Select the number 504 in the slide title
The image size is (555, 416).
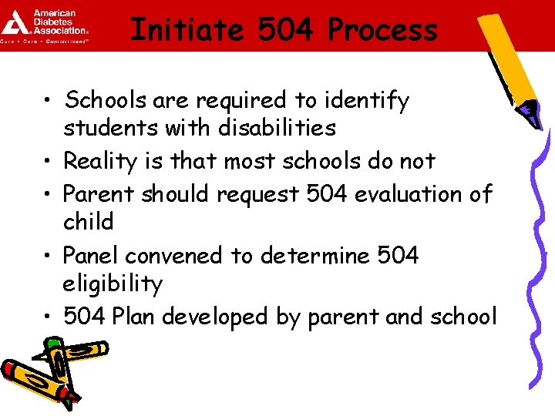(285, 30)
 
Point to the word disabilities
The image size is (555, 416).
(277, 128)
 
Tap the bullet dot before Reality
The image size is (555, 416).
(49, 162)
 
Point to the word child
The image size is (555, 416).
(89, 222)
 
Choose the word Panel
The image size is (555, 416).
(90, 255)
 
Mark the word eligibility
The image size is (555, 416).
(113, 284)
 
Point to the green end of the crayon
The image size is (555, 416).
(52, 344)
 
